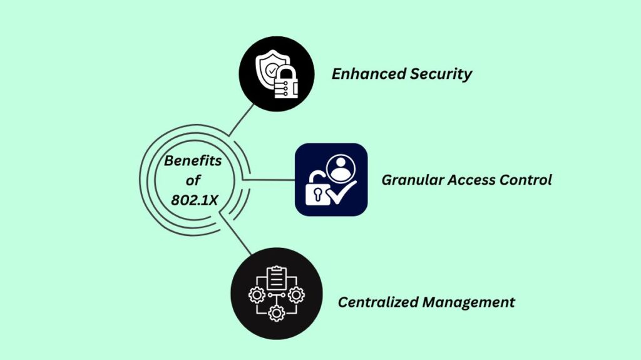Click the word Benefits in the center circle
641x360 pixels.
(193, 162)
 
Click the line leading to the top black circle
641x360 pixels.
(241, 120)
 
